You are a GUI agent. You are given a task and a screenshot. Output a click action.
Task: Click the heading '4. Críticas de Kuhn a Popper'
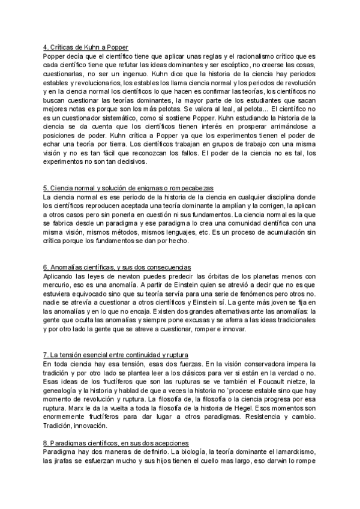tap(86, 47)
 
